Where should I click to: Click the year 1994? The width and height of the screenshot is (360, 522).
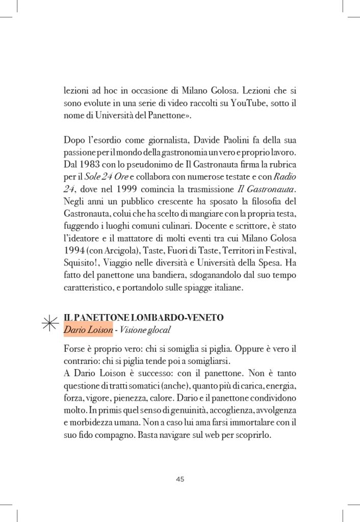[75, 251]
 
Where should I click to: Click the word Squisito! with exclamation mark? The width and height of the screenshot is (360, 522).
[81, 264]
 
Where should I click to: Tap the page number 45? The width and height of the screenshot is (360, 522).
[179, 479]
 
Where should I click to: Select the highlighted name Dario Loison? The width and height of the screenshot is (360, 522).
[88, 329]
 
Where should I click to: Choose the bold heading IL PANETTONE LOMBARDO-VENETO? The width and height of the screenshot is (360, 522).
[144, 317]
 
